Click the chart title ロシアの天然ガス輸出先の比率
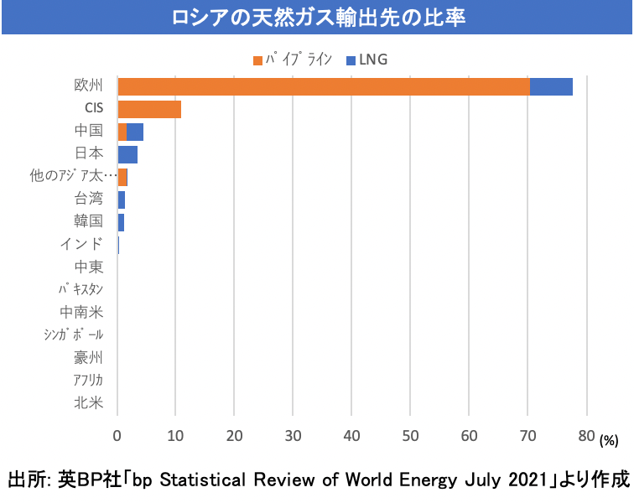pos(316,18)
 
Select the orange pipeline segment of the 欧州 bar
pos(324,86)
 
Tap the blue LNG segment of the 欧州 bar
pos(551,86)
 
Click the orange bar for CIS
pos(149,108)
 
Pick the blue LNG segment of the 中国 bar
pos(135,132)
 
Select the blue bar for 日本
pos(127,154)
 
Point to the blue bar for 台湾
pos(122,200)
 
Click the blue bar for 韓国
pos(121,222)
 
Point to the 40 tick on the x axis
pos(351,436)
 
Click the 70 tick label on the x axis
pos(527,436)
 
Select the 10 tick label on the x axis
pos(176,436)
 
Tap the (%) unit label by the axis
pos(609,439)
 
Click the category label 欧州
pos(89,86)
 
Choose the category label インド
pos(82,244)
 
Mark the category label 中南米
pos(81,313)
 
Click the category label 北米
pos(89,403)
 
